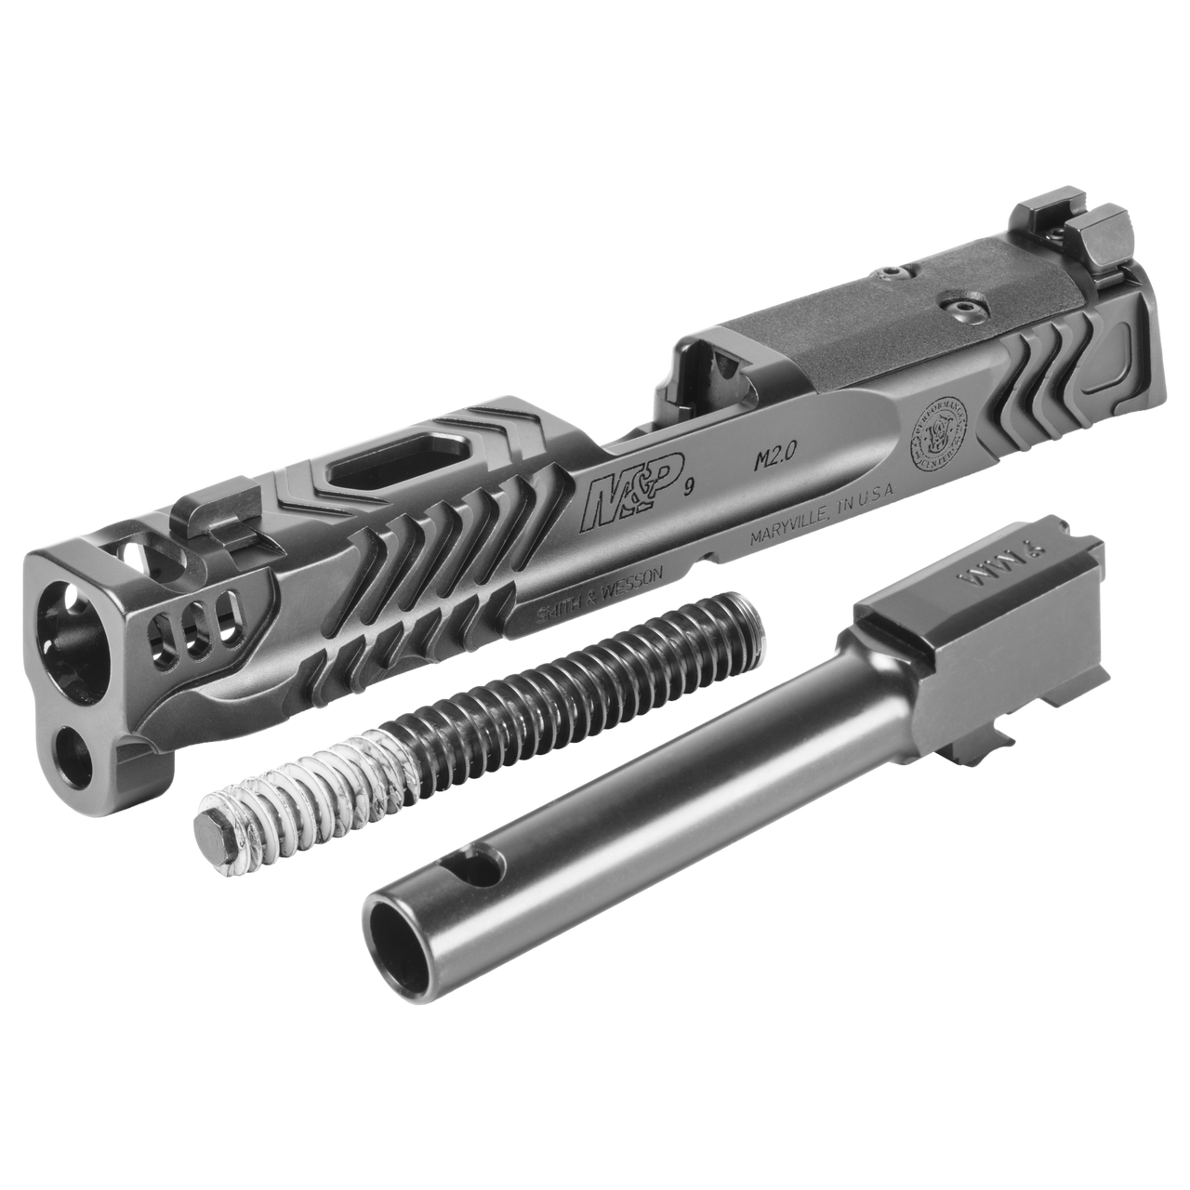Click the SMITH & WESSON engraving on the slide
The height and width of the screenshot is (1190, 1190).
[x=599, y=591]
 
